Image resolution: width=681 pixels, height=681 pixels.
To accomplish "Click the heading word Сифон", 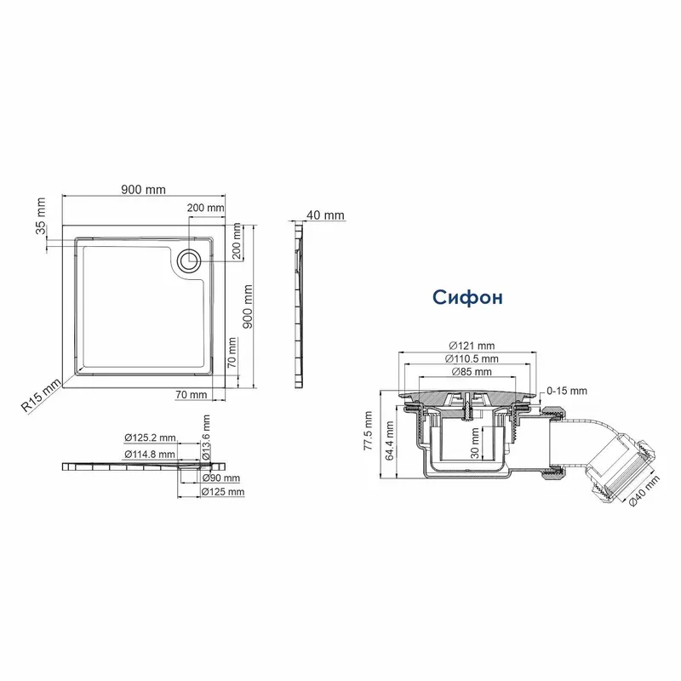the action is pos(467,297).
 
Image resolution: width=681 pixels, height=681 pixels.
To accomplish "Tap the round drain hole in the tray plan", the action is pos(189,261).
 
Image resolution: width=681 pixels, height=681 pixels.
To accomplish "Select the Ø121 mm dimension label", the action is pos(472,346).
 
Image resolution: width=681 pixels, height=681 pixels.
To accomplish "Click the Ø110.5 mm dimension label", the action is pos(472,358).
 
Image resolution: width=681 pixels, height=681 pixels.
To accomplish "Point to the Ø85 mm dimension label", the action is pos(472,372).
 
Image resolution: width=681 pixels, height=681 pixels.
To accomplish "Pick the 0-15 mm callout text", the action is pos(567,391).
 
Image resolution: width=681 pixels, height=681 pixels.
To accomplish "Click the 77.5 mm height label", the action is pos(369,431).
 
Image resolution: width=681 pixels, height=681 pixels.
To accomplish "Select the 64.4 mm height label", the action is pos(390,441).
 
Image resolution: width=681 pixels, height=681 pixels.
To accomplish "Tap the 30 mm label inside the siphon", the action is pos(475,443).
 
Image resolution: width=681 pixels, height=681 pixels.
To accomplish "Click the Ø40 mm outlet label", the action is pos(644,490).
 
